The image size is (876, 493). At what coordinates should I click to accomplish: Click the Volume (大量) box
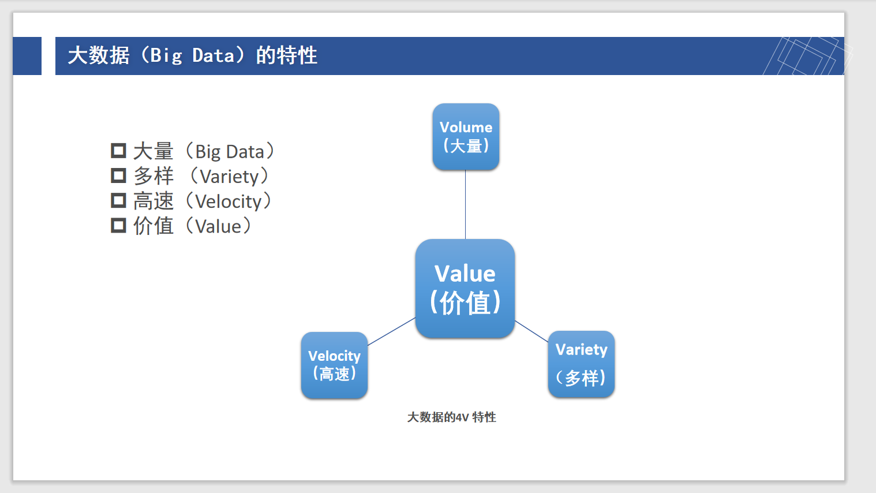click(466, 137)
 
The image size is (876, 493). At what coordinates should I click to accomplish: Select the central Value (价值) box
click(465, 289)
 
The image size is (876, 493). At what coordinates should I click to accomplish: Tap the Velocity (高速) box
click(334, 365)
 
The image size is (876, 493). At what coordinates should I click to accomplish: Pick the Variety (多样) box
click(581, 364)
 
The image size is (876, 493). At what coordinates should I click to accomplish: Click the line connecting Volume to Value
click(465, 204)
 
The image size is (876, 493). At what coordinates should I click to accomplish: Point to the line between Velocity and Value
click(391, 331)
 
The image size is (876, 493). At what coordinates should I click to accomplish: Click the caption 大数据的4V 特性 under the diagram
click(451, 417)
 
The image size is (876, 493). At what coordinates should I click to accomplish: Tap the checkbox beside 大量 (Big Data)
click(118, 151)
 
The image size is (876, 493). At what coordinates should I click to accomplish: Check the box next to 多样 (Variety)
click(118, 175)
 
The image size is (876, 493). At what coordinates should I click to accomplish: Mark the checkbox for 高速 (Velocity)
click(118, 200)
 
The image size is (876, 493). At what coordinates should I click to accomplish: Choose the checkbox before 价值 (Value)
click(118, 225)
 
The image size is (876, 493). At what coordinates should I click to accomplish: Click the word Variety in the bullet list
click(229, 177)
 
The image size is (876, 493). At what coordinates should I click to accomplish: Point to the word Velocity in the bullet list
click(228, 201)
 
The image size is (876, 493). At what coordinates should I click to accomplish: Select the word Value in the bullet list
click(218, 226)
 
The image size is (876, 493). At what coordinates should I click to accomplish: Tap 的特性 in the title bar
click(287, 55)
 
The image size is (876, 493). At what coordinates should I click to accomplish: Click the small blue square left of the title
click(27, 56)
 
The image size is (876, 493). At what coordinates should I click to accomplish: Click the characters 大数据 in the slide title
click(99, 55)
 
